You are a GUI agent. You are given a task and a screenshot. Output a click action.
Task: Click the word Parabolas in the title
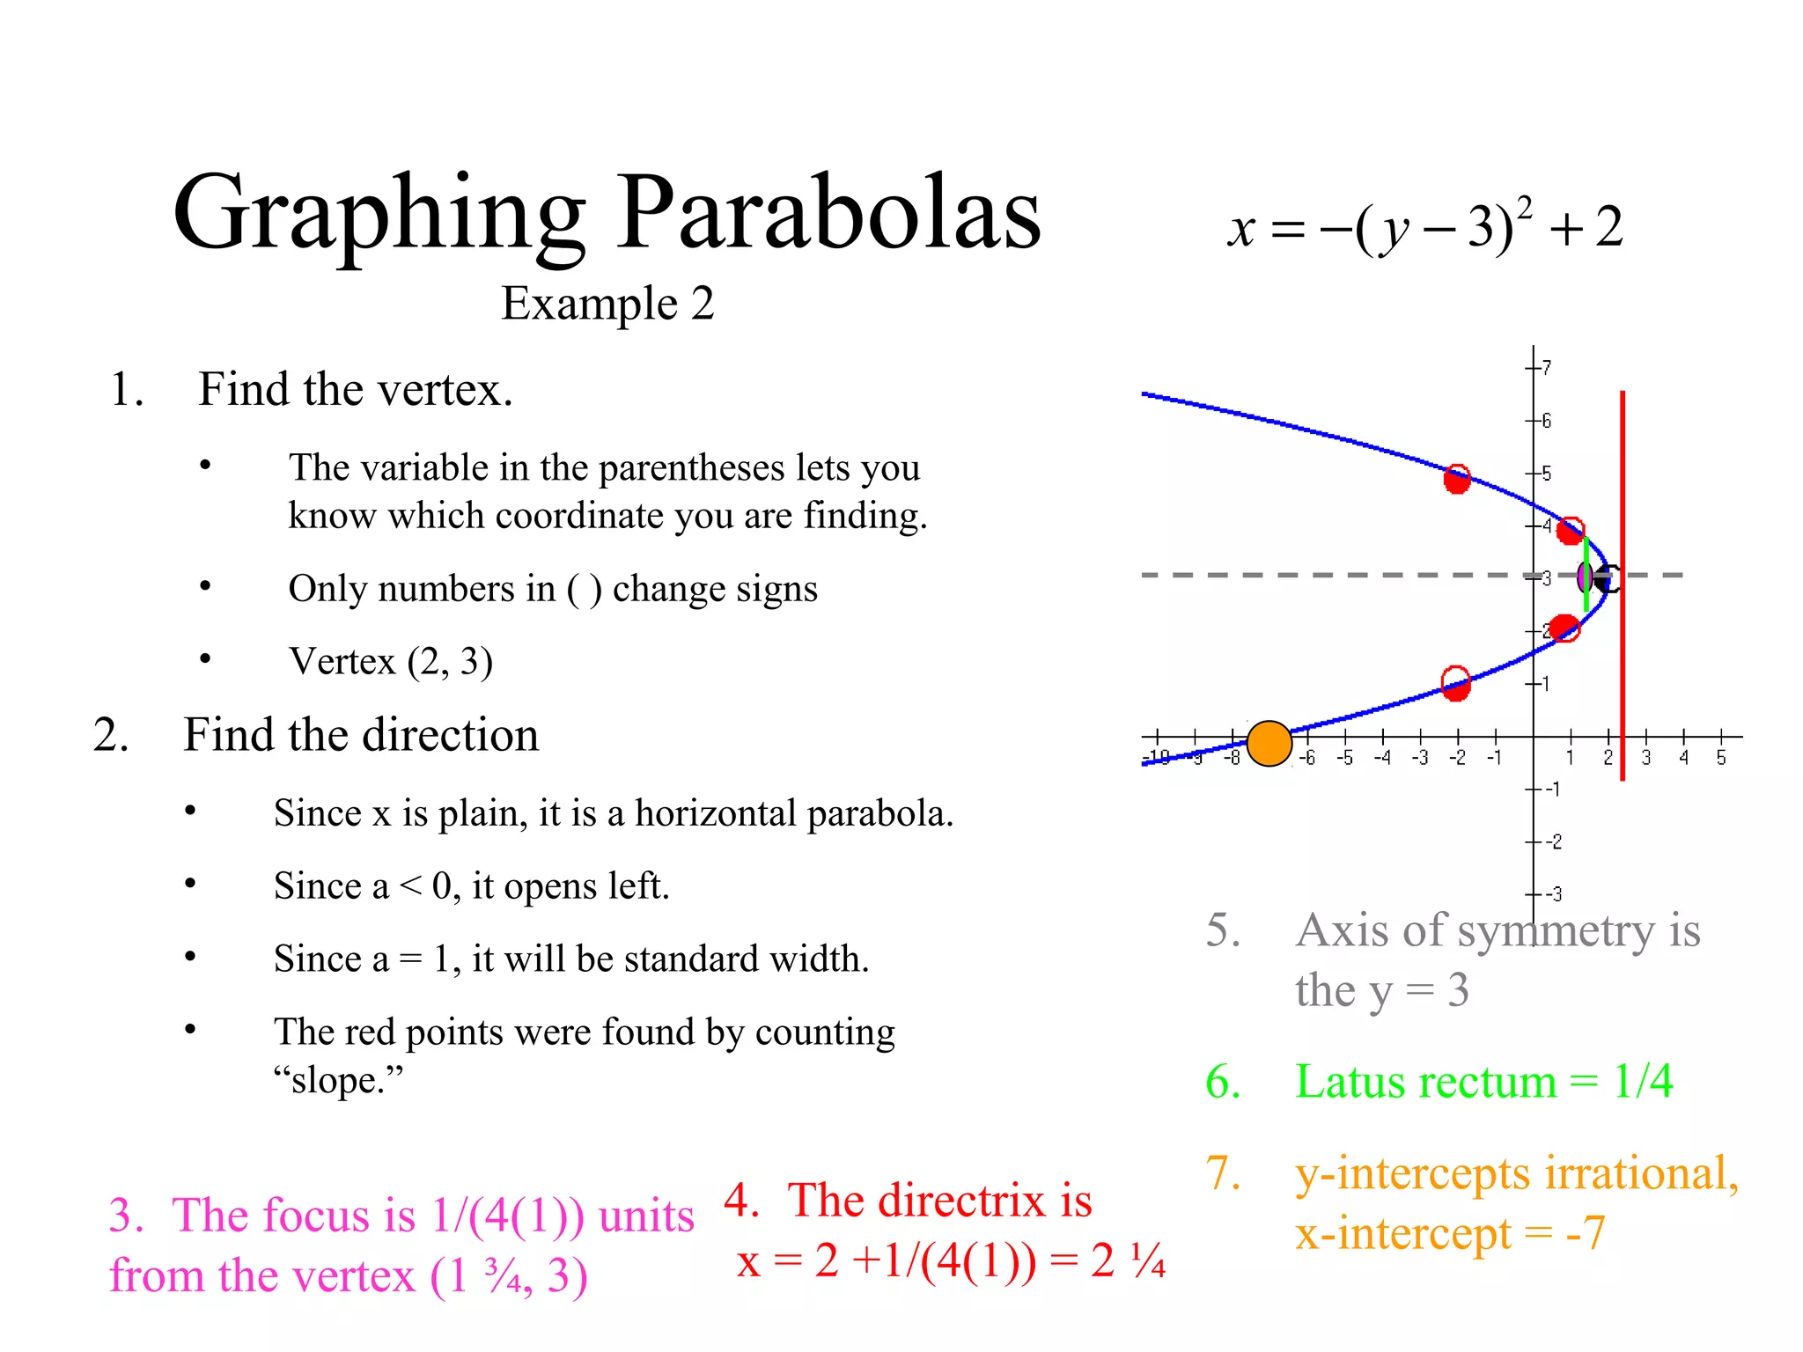tap(828, 214)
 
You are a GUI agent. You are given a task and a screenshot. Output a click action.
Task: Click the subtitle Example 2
tap(607, 304)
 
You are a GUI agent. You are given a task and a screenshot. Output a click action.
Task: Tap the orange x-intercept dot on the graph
tap(1269, 744)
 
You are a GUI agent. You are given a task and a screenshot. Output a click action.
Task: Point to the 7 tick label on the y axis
tap(1547, 367)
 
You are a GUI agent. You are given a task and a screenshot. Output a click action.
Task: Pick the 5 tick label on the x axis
tap(1721, 758)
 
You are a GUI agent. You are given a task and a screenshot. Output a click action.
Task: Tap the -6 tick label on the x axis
tap(1307, 758)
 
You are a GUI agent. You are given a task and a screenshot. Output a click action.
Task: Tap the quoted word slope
tap(338, 1080)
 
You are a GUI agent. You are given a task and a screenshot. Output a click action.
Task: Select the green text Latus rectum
tap(1426, 1081)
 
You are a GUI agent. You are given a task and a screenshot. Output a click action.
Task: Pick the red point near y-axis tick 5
tap(1457, 479)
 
